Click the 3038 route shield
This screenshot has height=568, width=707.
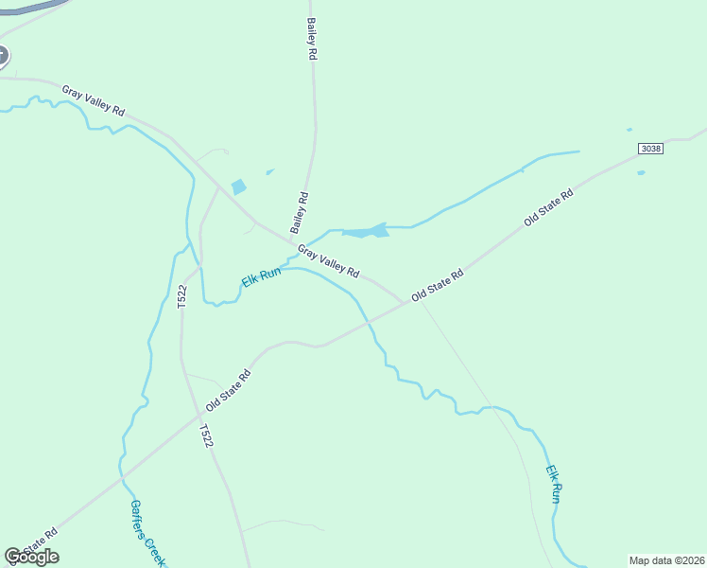pos(650,149)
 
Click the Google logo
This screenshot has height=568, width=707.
pos(31,557)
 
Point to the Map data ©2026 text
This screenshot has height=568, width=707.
pos(666,560)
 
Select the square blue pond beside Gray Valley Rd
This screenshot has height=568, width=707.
pos(238,187)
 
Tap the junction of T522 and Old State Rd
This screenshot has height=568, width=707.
pos(199,415)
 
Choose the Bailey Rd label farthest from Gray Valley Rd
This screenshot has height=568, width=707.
pos(310,39)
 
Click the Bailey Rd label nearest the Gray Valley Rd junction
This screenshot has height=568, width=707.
pos(300,213)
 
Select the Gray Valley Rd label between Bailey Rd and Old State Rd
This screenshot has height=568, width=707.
pos(328,261)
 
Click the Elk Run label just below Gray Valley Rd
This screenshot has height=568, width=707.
pos(262,279)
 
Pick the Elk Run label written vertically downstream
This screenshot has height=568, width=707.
pos(555,483)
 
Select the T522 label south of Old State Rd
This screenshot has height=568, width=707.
pos(205,436)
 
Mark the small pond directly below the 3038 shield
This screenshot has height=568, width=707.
pos(641,173)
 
